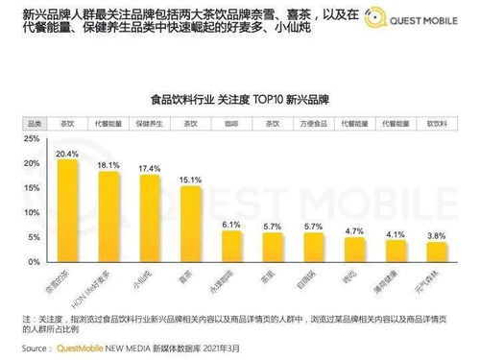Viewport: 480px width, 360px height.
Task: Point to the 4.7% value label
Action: tap(354, 231)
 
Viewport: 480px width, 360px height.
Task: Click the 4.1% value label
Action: tap(396, 233)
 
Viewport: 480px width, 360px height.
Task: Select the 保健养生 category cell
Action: tap(150, 123)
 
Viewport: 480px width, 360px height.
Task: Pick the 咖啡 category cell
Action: tap(231, 123)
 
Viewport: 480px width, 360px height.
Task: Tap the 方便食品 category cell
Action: tap(314, 123)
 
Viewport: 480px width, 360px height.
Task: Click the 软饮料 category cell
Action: tap(437, 123)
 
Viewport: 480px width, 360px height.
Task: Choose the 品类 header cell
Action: tap(34, 123)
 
